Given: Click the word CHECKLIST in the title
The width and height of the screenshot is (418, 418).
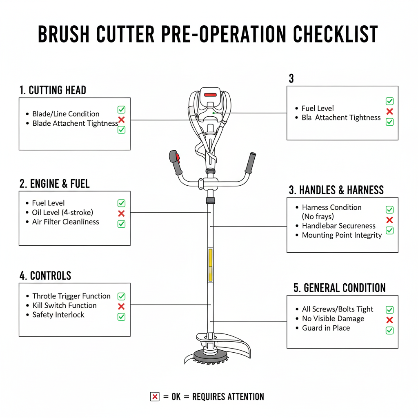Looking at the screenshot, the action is [x=336, y=34].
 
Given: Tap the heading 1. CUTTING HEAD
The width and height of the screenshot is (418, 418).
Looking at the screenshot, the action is [x=53, y=90].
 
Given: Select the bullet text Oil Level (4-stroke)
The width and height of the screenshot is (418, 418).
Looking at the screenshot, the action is [x=62, y=212].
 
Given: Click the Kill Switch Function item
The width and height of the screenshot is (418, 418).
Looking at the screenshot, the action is [x=64, y=305].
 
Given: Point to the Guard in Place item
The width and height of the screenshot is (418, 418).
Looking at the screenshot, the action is [x=326, y=328].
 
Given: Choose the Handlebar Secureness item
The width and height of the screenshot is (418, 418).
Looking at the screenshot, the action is [x=338, y=226].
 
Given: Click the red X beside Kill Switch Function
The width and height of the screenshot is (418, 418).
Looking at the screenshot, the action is [x=121, y=307].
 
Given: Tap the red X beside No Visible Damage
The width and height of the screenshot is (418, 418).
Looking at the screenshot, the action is [x=389, y=320].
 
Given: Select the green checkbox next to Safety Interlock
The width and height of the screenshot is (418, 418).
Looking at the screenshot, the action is [x=121, y=317].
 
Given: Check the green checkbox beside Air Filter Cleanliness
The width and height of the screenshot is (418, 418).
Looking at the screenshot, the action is [x=121, y=224].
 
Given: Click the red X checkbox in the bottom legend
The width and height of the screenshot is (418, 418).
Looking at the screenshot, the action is [x=155, y=397].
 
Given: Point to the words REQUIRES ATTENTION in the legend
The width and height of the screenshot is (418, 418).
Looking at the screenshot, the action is [x=228, y=397].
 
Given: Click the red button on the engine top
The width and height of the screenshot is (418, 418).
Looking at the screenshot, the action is [x=210, y=95].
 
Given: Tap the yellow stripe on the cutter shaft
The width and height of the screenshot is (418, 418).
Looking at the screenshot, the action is [x=210, y=265].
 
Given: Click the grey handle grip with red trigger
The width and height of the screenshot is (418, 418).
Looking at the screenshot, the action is [x=176, y=162].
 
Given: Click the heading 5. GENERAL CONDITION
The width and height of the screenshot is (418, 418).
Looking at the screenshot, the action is [x=339, y=288].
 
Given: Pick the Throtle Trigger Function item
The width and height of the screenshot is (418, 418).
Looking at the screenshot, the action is [x=71, y=296].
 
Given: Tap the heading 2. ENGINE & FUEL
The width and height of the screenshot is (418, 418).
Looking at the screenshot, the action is [x=54, y=184].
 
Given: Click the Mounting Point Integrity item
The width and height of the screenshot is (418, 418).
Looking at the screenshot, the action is [x=342, y=235].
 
